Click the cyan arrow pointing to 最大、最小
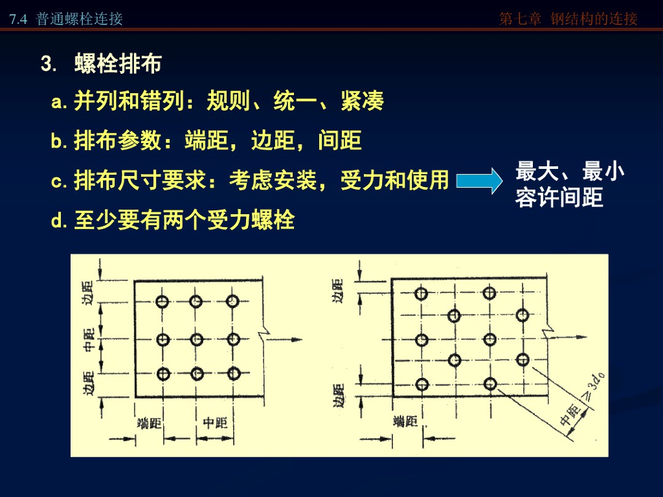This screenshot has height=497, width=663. tap(479, 181)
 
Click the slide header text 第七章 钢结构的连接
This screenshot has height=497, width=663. tap(568, 19)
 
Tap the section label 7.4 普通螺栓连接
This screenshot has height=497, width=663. tap(66, 19)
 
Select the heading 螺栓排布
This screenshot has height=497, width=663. tap(118, 64)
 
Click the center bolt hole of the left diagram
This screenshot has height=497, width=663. tap(197, 338)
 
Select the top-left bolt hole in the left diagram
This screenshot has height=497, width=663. tap(162, 301)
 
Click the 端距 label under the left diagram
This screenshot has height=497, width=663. tap(150, 423)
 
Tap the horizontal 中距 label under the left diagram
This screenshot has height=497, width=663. tap(215, 423)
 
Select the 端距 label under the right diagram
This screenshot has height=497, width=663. tap(406, 422)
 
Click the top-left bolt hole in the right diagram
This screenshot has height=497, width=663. tap(421, 293)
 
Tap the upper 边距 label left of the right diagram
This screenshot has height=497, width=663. tap(337, 291)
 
